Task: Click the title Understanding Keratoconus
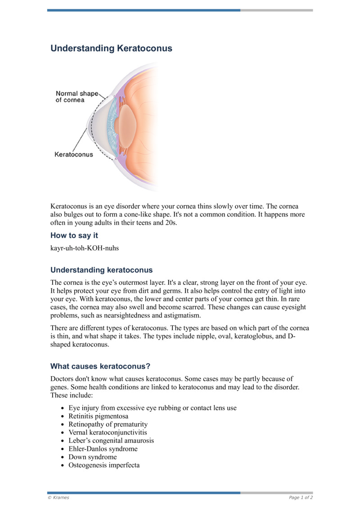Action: (111, 48)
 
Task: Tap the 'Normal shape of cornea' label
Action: (76, 97)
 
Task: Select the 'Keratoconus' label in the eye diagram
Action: (74, 154)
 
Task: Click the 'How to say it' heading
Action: (74, 235)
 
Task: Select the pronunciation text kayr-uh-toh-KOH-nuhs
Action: (85, 248)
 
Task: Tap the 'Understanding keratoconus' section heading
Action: (101, 270)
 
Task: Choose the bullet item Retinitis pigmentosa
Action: (98, 416)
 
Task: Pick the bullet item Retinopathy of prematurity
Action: (108, 424)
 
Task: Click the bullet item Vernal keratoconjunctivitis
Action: (108, 432)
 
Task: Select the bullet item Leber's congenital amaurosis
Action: (111, 441)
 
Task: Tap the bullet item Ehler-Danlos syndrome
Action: (103, 449)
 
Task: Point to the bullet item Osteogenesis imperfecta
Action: (103, 465)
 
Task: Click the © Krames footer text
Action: (58, 497)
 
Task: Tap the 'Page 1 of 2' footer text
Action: (301, 497)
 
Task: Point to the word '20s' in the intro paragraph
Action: (170, 222)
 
